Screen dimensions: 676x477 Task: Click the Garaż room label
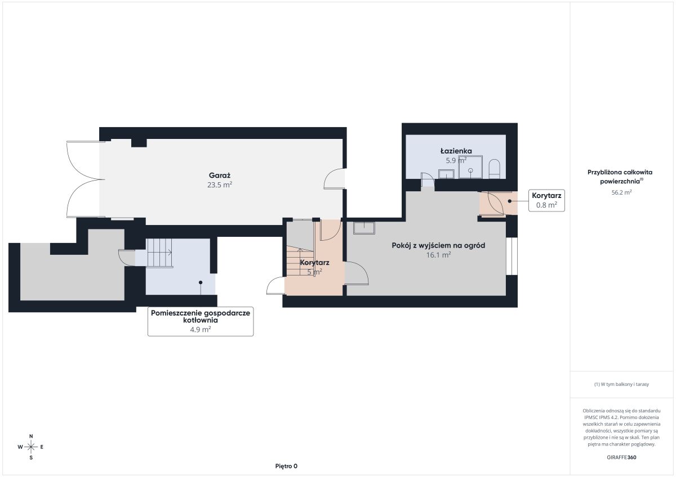[x=219, y=175]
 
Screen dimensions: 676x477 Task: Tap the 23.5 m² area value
[x=219, y=184]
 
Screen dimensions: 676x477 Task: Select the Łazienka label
[x=456, y=151]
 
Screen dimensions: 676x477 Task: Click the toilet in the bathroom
[x=495, y=169]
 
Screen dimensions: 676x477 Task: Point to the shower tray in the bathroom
[x=470, y=167]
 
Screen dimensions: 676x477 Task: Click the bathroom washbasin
[x=446, y=174]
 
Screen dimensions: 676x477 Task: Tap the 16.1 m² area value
[x=438, y=255]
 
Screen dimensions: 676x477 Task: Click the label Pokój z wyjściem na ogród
[x=438, y=245]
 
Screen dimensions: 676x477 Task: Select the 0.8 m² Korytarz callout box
[x=546, y=200]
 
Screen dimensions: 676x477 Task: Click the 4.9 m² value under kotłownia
[x=201, y=330]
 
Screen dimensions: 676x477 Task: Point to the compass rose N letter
[x=31, y=436]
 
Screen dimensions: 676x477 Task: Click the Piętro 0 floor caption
[x=286, y=466]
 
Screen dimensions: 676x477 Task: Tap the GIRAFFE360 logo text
[x=621, y=457]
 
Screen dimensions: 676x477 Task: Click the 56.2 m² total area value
[x=621, y=192]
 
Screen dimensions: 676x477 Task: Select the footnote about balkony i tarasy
[x=621, y=384]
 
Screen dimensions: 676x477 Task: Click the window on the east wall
[x=512, y=256]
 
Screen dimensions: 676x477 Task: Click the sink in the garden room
[x=364, y=228]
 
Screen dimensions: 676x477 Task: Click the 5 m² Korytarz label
[x=314, y=267]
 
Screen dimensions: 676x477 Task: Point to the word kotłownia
[x=201, y=320]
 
